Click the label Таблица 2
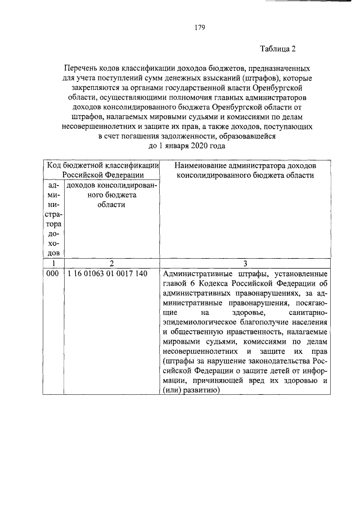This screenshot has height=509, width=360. point(278,49)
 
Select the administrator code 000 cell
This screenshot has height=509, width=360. point(52,274)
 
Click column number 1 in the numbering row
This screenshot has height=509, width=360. point(52,263)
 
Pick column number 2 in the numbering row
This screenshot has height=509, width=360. point(111,263)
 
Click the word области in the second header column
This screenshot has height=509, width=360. point(111,205)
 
